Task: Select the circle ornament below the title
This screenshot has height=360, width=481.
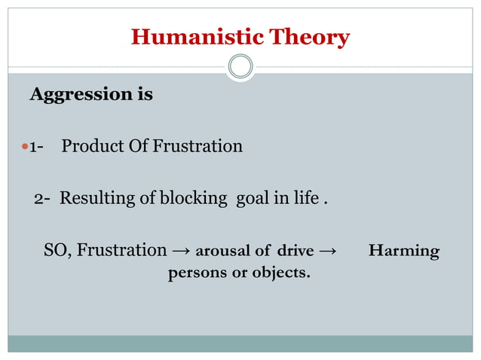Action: pos(240,67)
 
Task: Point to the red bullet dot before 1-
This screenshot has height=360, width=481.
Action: pos(23,146)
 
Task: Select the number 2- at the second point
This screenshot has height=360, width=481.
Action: pos(43,199)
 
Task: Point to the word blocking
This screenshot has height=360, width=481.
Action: pos(193,199)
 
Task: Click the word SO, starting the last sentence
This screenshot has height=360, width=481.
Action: pos(59,250)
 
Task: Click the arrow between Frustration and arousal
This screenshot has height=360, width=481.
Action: pos(180,251)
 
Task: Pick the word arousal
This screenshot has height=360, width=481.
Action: pos(222,251)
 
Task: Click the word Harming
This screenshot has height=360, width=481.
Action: pos(404,251)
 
